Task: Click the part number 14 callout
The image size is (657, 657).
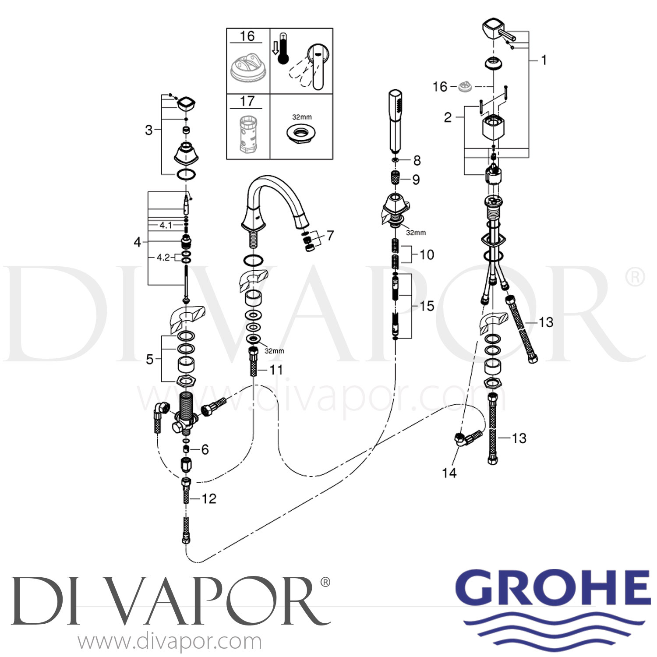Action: pyautogui.click(x=449, y=473)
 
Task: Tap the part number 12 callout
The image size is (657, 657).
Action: pyautogui.click(x=209, y=498)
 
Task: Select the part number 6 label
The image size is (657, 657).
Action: pyautogui.click(x=205, y=449)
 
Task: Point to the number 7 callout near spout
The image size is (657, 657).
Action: pyautogui.click(x=330, y=236)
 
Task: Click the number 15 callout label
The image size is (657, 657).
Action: pyautogui.click(x=427, y=306)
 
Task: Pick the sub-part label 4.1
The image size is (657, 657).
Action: pyautogui.click(x=166, y=225)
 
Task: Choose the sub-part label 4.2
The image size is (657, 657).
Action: pyautogui.click(x=163, y=258)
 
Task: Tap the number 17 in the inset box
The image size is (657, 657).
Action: pyautogui.click(x=247, y=102)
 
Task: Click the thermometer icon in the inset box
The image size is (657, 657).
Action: pyautogui.click(x=283, y=48)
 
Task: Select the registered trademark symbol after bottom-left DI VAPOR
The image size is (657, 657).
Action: pyautogui.click(x=325, y=582)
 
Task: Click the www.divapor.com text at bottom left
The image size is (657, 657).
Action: pyautogui.click(x=170, y=642)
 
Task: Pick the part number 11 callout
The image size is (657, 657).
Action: pyautogui.click(x=276, y=370)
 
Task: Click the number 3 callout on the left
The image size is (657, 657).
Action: pyautogui.click(x=149, y=130)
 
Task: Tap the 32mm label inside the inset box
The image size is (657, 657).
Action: pyautogui.click(x=302, y=117)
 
